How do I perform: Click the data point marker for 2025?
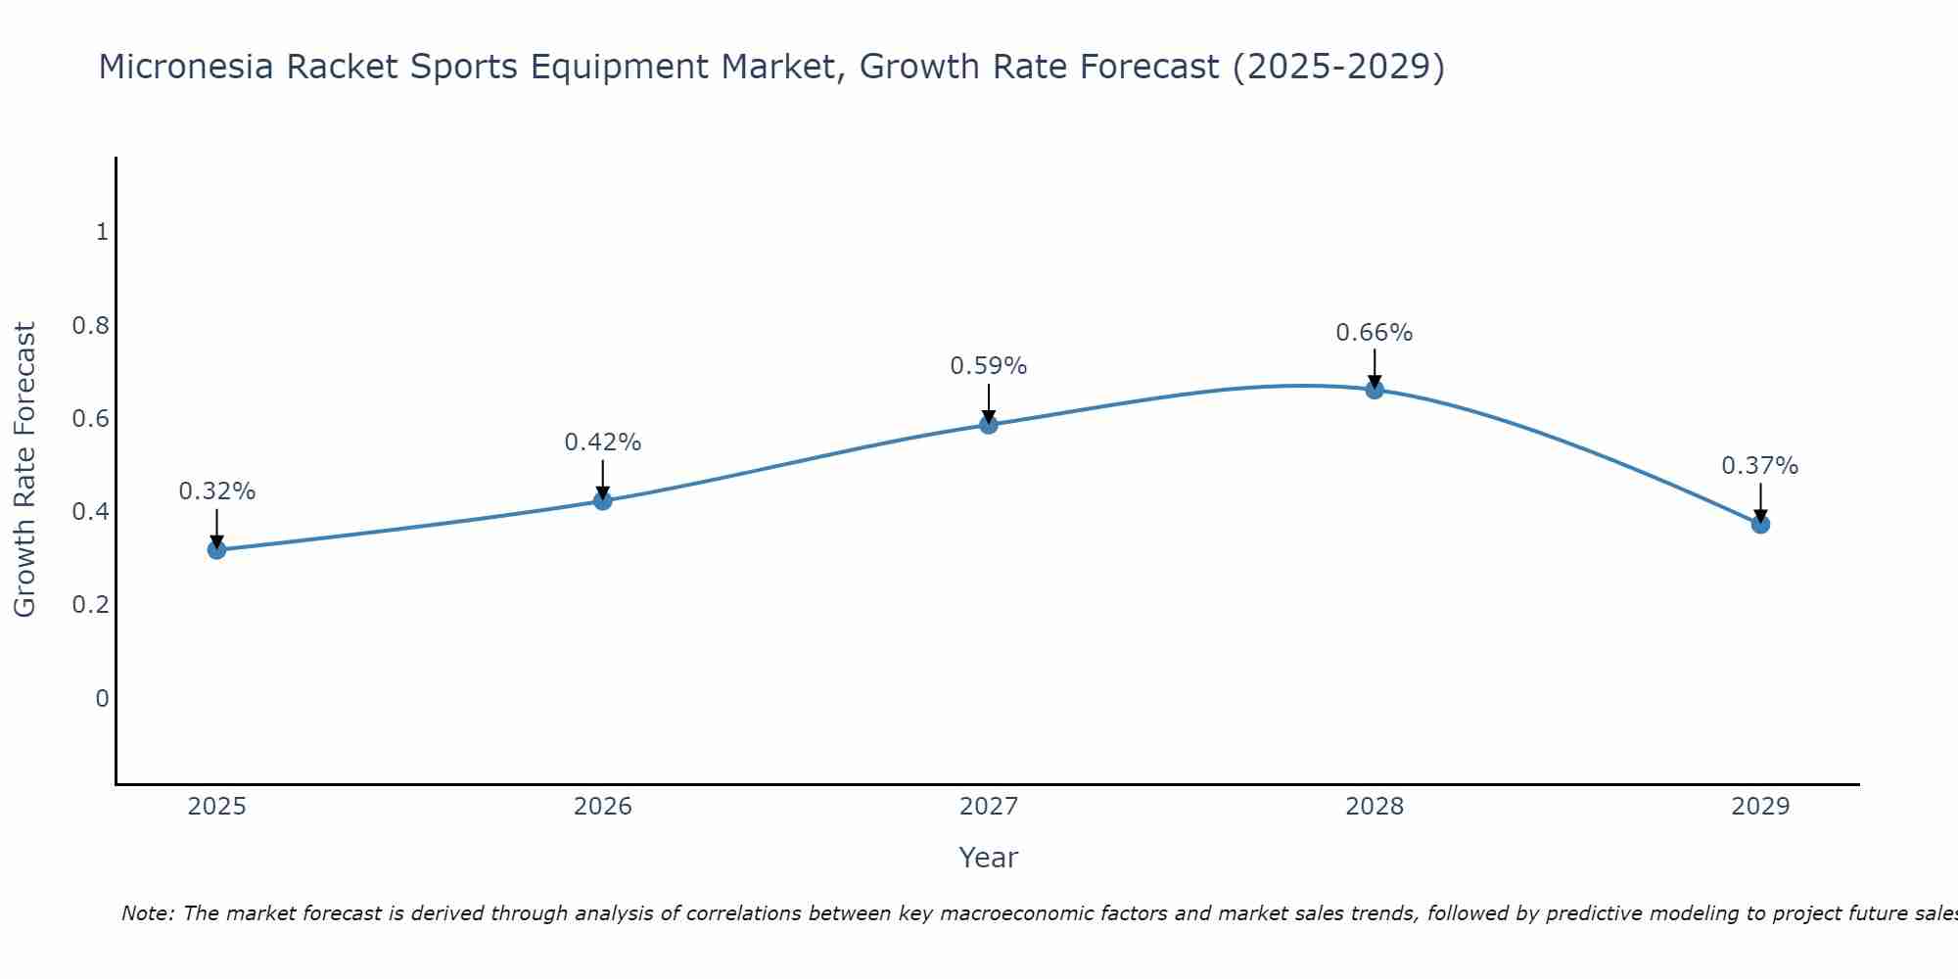click(x=216, y=550)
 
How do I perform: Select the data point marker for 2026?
click(x=603, y=501)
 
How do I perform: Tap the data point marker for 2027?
click(x=989, y=424)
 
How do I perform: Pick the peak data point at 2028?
click(x=1375, y=390)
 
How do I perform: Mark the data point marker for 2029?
click(x=1760, y=525)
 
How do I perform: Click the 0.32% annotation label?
click(x=216, y=491)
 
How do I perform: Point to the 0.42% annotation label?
click(x=603, y=443)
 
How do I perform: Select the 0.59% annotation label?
click(x=989, y=366)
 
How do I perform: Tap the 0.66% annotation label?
click(x=1375, y=333)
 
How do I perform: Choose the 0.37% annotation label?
click(x=1760, y=466)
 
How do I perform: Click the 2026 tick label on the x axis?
click(x=603, y=807)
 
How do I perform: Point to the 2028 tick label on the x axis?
click(x=1375, y=807)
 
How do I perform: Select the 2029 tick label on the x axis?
click(x=1760, y=807)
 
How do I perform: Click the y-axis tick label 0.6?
click(x=90, y=419)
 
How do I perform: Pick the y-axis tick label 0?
click(x=102, y=699)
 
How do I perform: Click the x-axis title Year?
click(x=989, y=858)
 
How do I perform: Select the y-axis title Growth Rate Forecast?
click(x=24, y=470)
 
